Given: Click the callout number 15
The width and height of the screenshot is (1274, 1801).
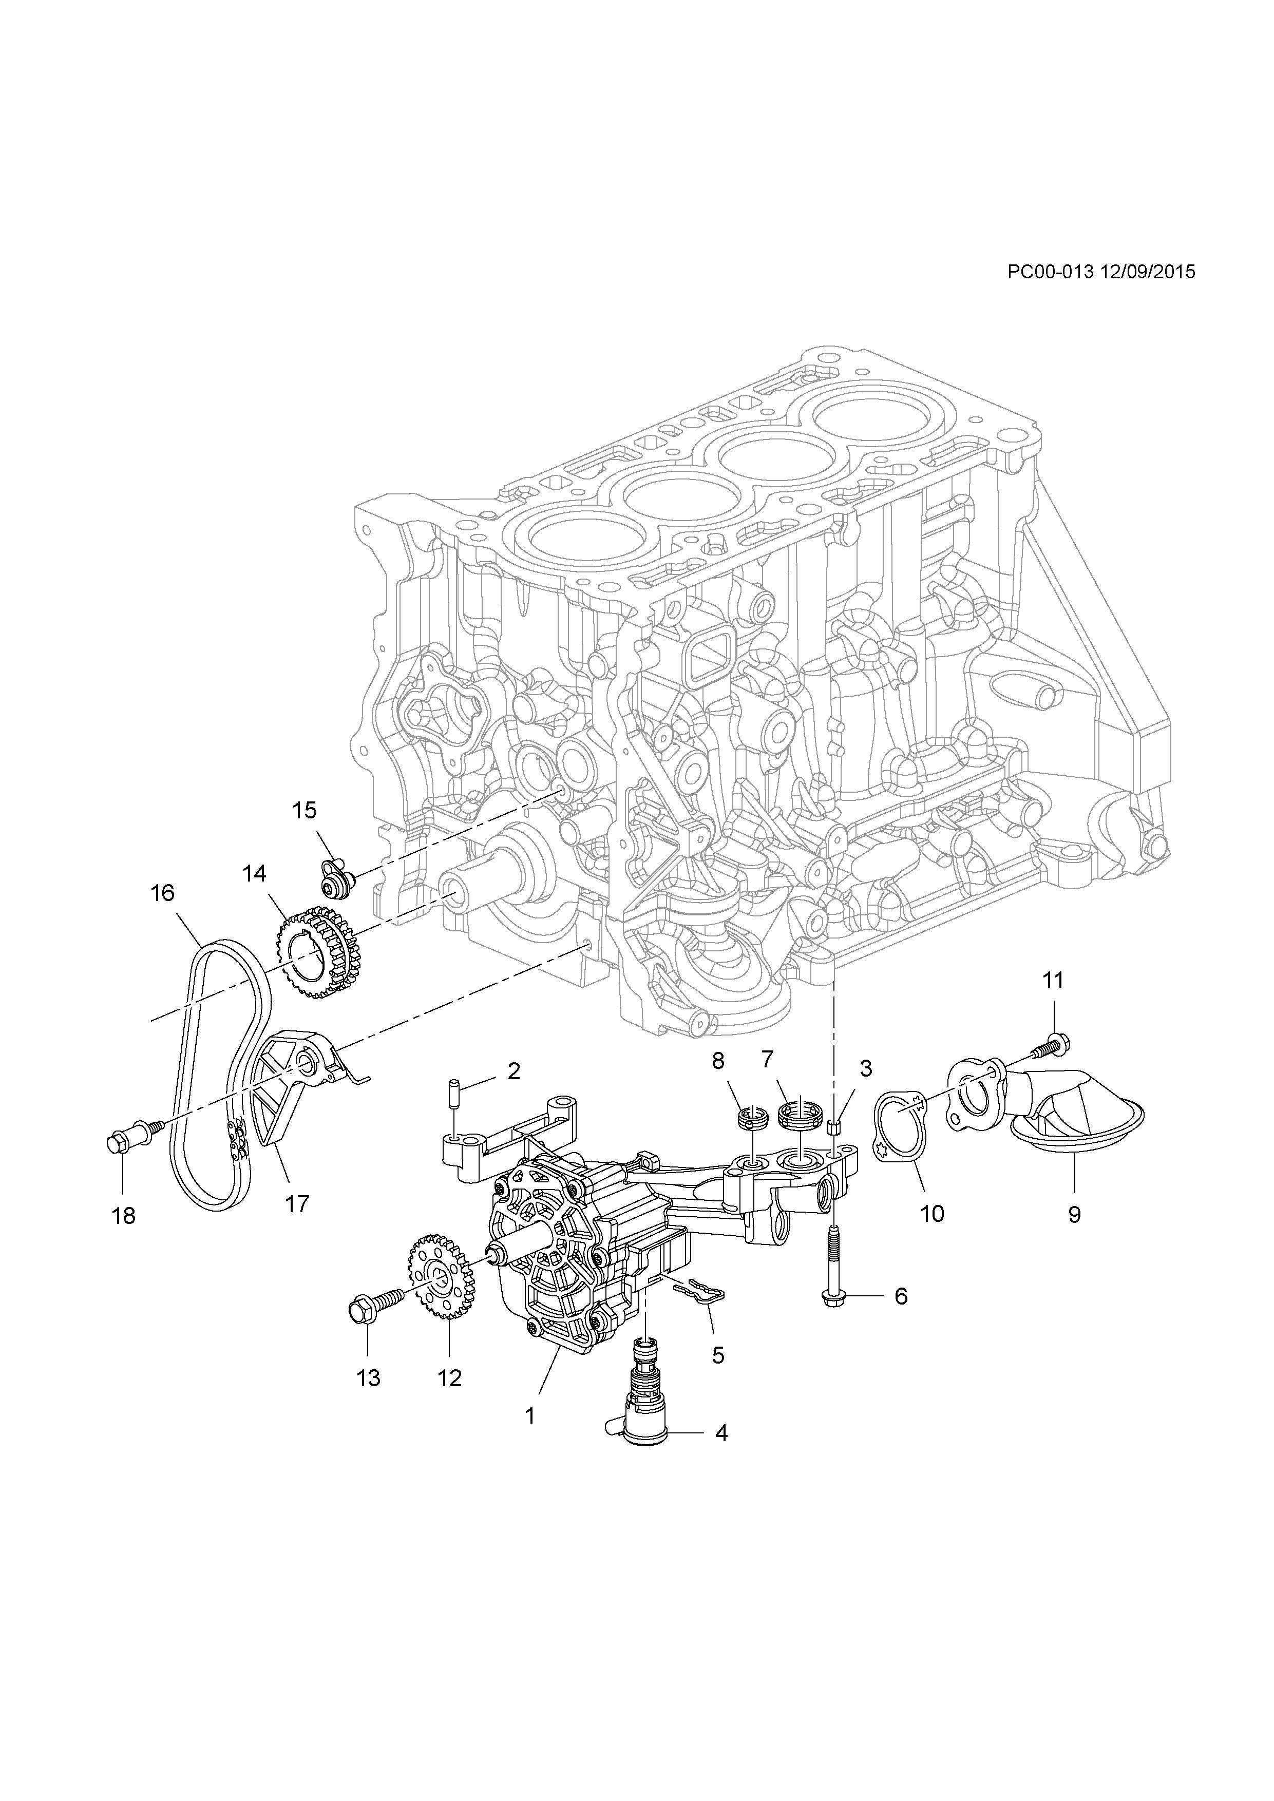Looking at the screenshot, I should tap(305, 810).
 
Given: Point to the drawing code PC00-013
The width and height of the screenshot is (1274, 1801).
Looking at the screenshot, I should tap(1051, 272).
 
